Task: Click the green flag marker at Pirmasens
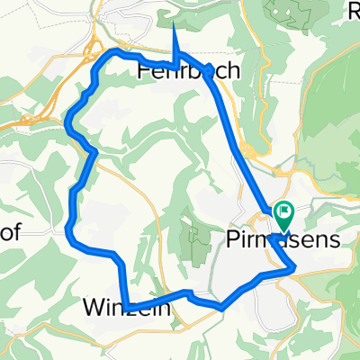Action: [285, 214]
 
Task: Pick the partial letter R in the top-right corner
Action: [354, 11]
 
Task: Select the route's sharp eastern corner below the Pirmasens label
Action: [294, 265]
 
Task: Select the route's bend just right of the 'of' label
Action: [69, 229]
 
